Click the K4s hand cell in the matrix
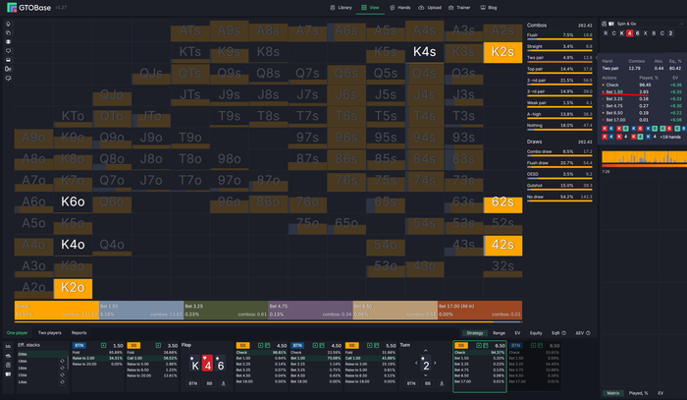tap(425, 51)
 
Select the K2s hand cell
tap(502, 51)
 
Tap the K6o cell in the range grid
tap(73, 201)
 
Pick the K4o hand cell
tap(73, 244)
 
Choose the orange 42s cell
tap(502, 244)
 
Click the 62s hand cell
tap(502, 201)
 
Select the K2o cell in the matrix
tap(73, 287)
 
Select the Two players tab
tap(49, 333)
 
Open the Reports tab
tap(79, 333)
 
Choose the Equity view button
tap(536, 333)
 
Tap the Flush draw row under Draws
tap(570, 161)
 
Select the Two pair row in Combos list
tap(570, 58)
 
